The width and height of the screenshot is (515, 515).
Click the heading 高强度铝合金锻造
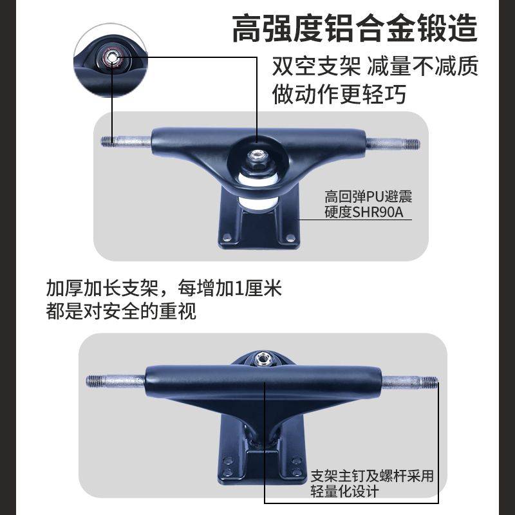click(355, 28)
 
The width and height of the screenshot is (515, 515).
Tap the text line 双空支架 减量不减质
click(375, 66)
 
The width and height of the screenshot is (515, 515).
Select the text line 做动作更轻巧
click(339, 94)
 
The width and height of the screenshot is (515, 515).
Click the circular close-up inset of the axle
click(111, 60)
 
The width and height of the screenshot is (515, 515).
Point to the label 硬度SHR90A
click(364, 212)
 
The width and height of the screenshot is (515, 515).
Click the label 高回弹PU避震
click(368, 197)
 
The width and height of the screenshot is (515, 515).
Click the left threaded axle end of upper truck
click(110, 142)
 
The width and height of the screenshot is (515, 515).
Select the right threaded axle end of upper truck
click(411, 144)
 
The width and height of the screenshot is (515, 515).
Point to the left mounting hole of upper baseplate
click(227, 237)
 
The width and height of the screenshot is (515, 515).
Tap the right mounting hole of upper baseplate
click(290, 237)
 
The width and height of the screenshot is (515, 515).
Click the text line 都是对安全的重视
click(121, 311)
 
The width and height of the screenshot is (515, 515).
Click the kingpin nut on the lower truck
click(261, 359)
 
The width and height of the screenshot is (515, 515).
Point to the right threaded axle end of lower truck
click(429, 382)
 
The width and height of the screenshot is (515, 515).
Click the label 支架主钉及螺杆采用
click(372, 476)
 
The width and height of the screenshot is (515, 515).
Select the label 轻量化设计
click(345, 492)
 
